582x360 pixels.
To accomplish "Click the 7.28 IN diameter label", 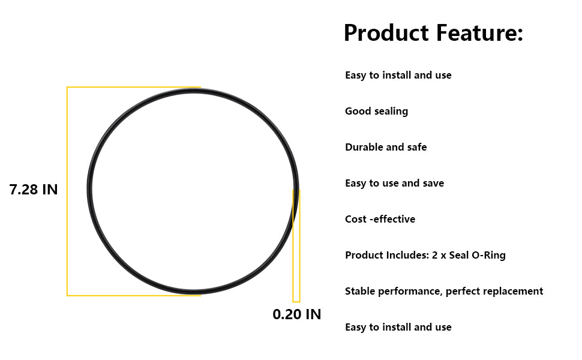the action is pos(34,190).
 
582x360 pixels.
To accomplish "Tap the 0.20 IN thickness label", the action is pos(296,314).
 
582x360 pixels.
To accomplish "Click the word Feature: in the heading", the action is pos(479,32).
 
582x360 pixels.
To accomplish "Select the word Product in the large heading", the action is pos(386,32).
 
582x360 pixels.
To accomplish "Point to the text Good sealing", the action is pos(376,112).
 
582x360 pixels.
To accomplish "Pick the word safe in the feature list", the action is pos(417,147).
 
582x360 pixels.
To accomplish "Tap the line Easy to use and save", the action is pos(395,184).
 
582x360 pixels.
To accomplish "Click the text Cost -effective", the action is pos(380,219).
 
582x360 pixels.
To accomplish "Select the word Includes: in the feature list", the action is pos(407,255).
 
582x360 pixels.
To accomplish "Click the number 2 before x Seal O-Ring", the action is pos(435,255).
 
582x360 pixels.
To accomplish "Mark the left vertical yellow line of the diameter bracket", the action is pos(67,191).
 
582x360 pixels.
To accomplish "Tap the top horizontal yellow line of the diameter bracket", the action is pos(134,88).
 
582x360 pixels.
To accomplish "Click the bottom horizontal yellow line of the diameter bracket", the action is pos(134,295).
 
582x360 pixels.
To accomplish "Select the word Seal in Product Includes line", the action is pos(459,255).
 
